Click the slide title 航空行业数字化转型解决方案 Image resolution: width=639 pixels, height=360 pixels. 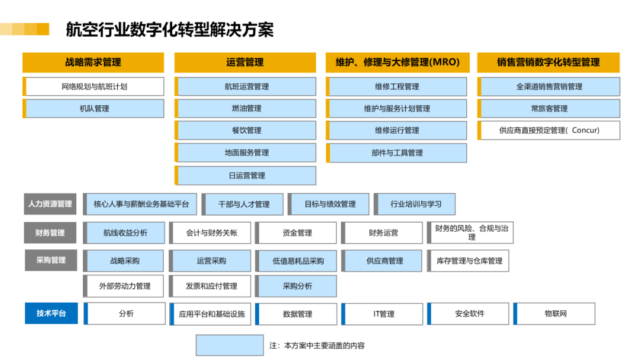[x=170, y=30]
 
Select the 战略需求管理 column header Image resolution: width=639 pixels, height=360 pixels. [x=93, y=62]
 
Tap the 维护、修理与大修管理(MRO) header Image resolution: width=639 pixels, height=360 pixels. [x=398, y=62]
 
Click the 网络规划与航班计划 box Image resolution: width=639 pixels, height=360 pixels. [x=93, y=86]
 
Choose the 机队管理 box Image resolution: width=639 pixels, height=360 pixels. [x=93, y=108]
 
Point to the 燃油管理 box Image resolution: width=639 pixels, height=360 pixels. [x=246, y=108]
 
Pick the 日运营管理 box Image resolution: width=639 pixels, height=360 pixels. [x=246, y=175]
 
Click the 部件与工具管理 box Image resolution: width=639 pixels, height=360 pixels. [x=396, y=153]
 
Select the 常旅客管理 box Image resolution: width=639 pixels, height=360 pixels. [x=548, y=108]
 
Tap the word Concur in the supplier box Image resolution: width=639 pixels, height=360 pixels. [x=586, y=130]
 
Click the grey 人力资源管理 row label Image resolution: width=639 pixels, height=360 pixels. [x=50, y=204]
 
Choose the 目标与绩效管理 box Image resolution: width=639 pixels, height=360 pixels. [x=328, y=204]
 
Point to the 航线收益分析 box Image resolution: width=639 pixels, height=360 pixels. [x=124, y=233]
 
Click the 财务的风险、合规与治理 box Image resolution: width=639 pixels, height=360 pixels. [x=470, y=232]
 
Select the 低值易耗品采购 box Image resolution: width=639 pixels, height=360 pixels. [x=296, y=261]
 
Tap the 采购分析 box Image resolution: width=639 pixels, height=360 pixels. [x=296, y=286]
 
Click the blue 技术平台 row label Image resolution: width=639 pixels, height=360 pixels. [x=51, y=313]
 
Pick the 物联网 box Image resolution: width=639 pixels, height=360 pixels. [x=554, y=314]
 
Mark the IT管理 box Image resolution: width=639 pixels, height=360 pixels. [x=382, y=314]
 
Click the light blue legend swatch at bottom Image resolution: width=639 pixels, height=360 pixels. [x=230, y=345]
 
